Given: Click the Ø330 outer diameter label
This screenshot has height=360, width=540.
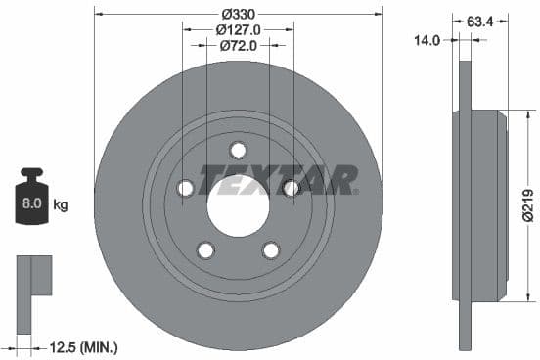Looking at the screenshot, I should click(238, 14).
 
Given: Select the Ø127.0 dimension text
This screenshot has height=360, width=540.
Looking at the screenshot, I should click(238, 29).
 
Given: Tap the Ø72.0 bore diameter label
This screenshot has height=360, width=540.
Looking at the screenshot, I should click(238, 45).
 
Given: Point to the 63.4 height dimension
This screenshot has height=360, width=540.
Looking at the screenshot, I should click(480, 19).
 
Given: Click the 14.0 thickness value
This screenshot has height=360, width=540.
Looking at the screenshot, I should click(427, 40).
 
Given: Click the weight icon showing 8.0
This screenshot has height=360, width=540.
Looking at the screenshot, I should click(32, 202).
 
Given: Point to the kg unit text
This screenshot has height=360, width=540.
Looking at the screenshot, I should click(61, 205).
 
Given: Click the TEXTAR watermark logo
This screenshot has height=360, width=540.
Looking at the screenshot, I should click(278, 180).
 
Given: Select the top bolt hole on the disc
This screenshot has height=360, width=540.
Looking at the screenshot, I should click(238, 150).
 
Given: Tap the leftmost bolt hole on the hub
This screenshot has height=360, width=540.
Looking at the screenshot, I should click(185, 188).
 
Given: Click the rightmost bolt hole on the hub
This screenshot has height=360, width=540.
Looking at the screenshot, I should click(291, 188).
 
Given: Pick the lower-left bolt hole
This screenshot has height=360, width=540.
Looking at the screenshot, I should click(205, 250).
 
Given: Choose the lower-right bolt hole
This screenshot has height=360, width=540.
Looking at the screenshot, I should click(270, 250).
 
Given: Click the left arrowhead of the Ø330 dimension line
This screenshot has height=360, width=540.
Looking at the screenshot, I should click(99, 14).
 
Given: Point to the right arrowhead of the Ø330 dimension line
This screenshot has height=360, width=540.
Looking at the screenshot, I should click(378, 14).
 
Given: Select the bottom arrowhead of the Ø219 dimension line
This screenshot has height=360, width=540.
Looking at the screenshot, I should click(507, 298).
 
